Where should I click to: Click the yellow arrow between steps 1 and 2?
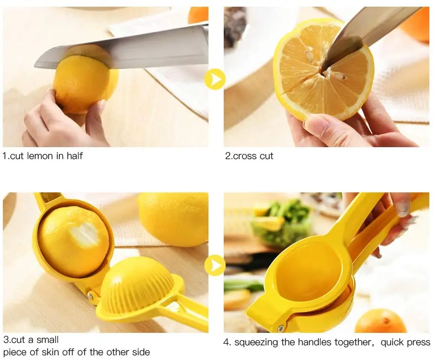click(x=215, y=79)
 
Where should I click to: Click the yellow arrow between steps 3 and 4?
click(x=215, y=265)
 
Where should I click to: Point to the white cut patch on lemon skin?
click(x=86, y=233)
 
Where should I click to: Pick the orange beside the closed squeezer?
click(x=380, y=321)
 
